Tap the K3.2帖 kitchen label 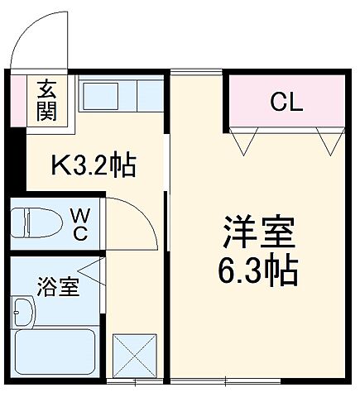93,165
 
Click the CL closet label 286,103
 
